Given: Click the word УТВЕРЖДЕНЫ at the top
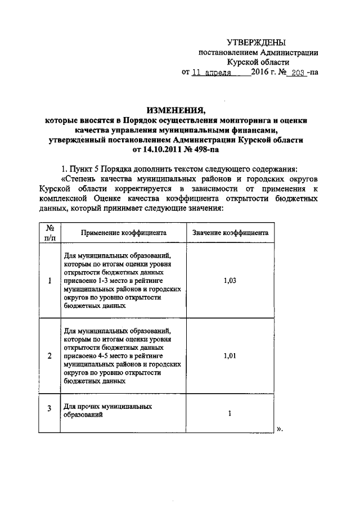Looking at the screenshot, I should (256, 42).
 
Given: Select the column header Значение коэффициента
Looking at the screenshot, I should (230, 232).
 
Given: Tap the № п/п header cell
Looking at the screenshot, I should (49, 232).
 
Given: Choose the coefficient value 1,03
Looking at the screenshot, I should (229, 281).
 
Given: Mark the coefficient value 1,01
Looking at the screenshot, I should (229, 355).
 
